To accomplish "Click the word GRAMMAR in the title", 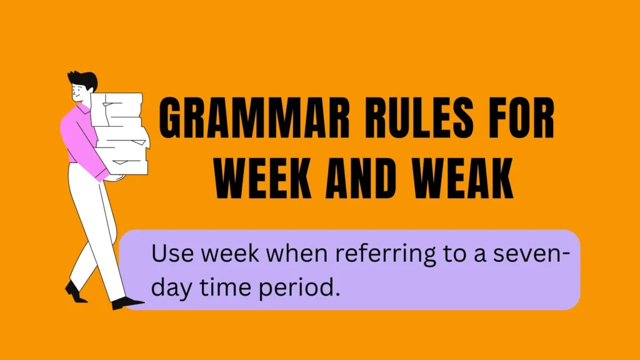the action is click(255, 118).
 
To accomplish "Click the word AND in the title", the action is click(361, 178).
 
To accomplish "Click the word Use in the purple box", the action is click(172, 253).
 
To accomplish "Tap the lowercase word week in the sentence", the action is click(230, 253).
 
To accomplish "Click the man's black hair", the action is click(84, 79).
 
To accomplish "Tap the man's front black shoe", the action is click(127, 303).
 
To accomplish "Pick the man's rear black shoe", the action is click(75, 292).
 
